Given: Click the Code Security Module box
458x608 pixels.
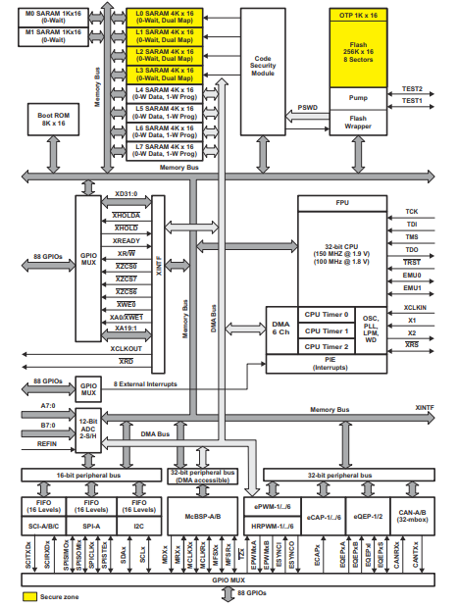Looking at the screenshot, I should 263,66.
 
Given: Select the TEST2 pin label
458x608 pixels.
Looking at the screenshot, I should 412,88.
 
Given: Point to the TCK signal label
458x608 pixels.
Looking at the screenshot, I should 412,211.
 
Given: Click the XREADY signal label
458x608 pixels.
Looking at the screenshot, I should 126,239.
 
